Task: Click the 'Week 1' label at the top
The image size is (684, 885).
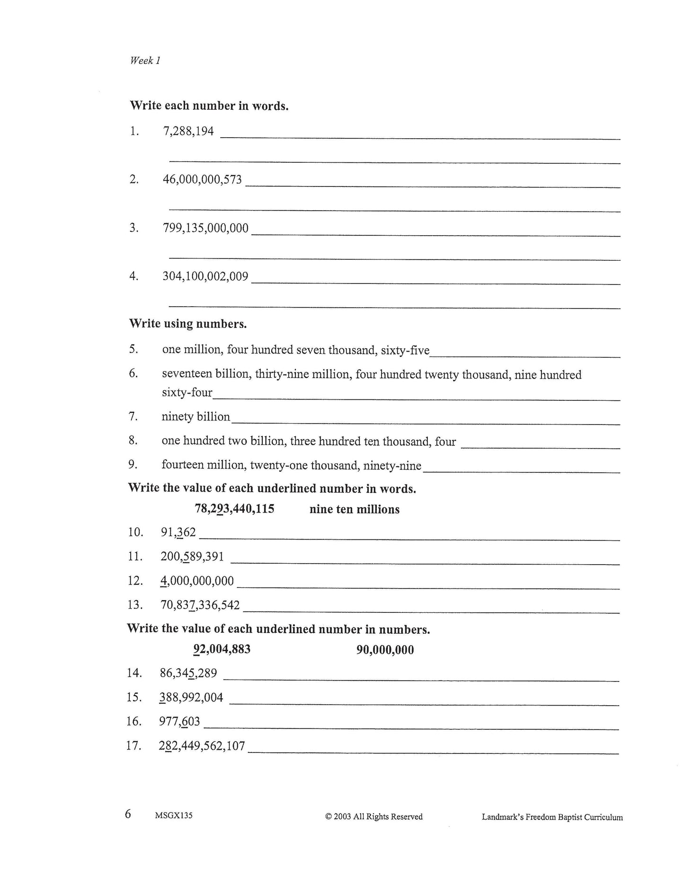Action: [x=145, y=61]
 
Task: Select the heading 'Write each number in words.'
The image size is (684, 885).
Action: [x=209, y=106]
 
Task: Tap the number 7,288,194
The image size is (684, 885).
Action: [x=188, y=131]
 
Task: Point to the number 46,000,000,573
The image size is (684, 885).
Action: [x=202, y=179]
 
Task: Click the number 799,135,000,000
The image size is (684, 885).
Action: [x=205, y=228]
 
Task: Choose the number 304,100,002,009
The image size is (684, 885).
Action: [x=205, y=276]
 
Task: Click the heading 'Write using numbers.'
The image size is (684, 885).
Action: [x=188, y=324]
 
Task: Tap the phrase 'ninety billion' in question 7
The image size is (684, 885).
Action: [x=196, y=416]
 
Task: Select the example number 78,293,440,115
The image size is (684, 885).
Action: [x=234, y=509]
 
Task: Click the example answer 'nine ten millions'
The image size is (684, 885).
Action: [x=355, y=509]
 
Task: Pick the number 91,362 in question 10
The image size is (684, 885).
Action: [x=178, y=532]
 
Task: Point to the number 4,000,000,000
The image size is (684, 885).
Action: [x=197, y=581]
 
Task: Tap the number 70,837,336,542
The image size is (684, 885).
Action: [x=200, y=605]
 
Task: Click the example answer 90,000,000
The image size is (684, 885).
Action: [x=385, y=650]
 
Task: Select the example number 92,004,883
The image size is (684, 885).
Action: [x=222, y=649]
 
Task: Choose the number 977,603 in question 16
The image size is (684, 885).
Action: [x=180, y=722]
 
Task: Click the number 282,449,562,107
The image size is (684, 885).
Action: [x=202, y=746]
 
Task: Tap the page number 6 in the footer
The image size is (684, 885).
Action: [x=128, y=814]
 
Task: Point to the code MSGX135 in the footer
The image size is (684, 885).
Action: [x=173, y=816]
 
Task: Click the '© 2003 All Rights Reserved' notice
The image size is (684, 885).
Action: [x=374, y=816]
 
